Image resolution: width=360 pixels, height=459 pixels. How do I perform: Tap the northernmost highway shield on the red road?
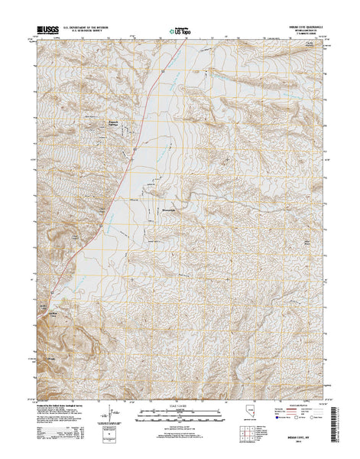click(x=163, y=70)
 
